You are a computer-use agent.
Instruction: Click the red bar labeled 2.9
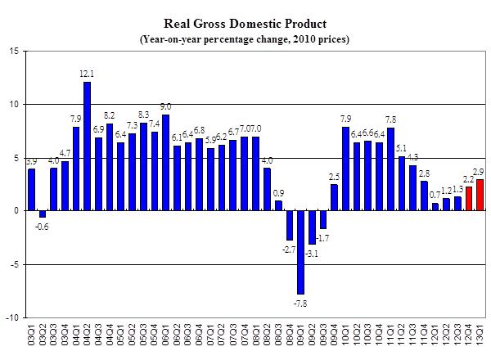pyautogui.click(x=480, y=195)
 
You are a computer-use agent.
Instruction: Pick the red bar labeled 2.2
pyautogui.click(x=469, y=199)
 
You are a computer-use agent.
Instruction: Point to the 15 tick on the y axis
pyautogui.click(x=15, y=51)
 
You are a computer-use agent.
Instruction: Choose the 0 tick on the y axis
pyautogui.click(x=17, y=211)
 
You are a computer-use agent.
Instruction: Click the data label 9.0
pyautogui.click(x=165, y=107)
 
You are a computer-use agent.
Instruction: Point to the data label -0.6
pyautogui.click(x=43, y=226)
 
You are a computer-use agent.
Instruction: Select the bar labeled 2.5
pyautogui.click(x=334, y=197)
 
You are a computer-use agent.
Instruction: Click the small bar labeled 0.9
pyautogui.click(x=278, y=205)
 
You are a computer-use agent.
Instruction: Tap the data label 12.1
pyautogui.click(x=88, y=74)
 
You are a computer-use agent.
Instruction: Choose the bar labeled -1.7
pyautogui.click(x=323, y=219)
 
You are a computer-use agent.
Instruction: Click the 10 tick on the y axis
pyautogui.click(x=15, y=104)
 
